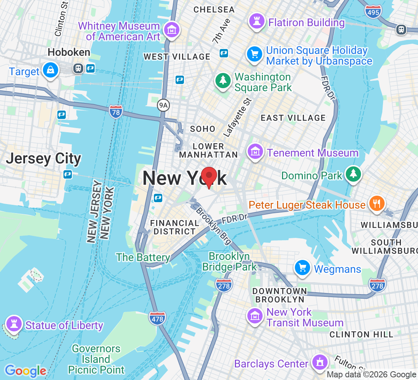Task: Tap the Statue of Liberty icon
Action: (x=14, y=324)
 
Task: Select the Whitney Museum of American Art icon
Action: (x=171, y=30)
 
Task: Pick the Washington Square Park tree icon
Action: (x=223, y=81)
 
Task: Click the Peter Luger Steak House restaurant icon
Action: (x=376, y=203)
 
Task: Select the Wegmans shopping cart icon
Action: (x=303, y=268)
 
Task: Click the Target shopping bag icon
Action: (x=50, y=70)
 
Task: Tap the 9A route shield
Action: (x=163, y=105)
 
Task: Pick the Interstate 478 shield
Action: (x=157, y=318)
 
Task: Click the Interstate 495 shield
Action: (x=373, y=12)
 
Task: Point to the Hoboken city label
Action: (x=69, y=52)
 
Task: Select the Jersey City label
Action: (x=43, y=158)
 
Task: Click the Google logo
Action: (x=25, y=371)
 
